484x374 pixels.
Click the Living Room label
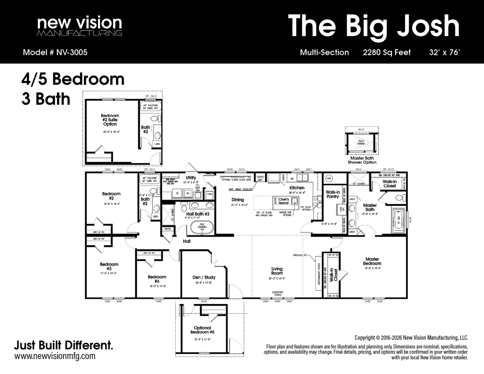pos(277,271)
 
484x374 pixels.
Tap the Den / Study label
pos(204,277)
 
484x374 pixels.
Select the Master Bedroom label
pos(372,261)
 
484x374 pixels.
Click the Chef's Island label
pos(284,201)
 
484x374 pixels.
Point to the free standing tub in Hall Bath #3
pos(202,227)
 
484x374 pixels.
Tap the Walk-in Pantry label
pos(332,194)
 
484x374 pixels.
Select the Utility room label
pos(191,178)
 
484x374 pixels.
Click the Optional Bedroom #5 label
pos(202,330)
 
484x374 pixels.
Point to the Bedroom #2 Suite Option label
pos(110,120)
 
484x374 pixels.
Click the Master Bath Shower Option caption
pos(362,160)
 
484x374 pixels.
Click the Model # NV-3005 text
pos(55,52)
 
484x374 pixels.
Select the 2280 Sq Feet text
pos(387,52)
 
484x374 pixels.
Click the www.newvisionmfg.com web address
pos(55,356)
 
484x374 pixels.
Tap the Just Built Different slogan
pos(63,345)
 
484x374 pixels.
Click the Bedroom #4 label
pos(157,279)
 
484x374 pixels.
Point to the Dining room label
pos(238,200)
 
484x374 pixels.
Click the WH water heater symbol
pos(329,179)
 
